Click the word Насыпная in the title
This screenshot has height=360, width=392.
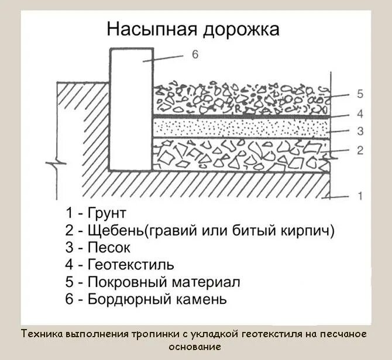click(148, 30)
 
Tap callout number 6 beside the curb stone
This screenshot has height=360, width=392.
click(195, 55)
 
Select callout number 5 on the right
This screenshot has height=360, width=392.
click(360, 94)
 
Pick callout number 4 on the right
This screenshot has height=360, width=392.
click(360, 113)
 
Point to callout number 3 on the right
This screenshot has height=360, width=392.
click(360, 131)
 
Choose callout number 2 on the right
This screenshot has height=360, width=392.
click(360, 150)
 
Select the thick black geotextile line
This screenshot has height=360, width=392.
click(240, 117)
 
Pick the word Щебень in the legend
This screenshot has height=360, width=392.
click(115, 230)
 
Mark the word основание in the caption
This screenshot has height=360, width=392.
click(195, 347)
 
